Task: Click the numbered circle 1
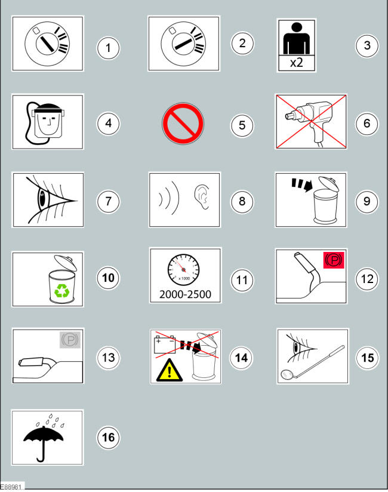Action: [108, 48]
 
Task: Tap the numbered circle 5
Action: [242, 125]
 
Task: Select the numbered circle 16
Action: [108, 437]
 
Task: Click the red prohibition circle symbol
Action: [183, 124]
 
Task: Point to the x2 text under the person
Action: [297, 63]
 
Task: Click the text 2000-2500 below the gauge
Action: [185, 294]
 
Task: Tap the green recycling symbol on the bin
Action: [62, 291]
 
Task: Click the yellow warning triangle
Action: [170, 370]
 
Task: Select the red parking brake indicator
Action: [334, 260]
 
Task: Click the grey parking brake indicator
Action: [70, 340]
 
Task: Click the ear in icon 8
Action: [202, 196]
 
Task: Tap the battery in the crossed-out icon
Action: [165, 344]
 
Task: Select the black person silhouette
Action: [297, 39]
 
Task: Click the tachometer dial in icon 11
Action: [183, 269]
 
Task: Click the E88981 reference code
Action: [11, 487]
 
